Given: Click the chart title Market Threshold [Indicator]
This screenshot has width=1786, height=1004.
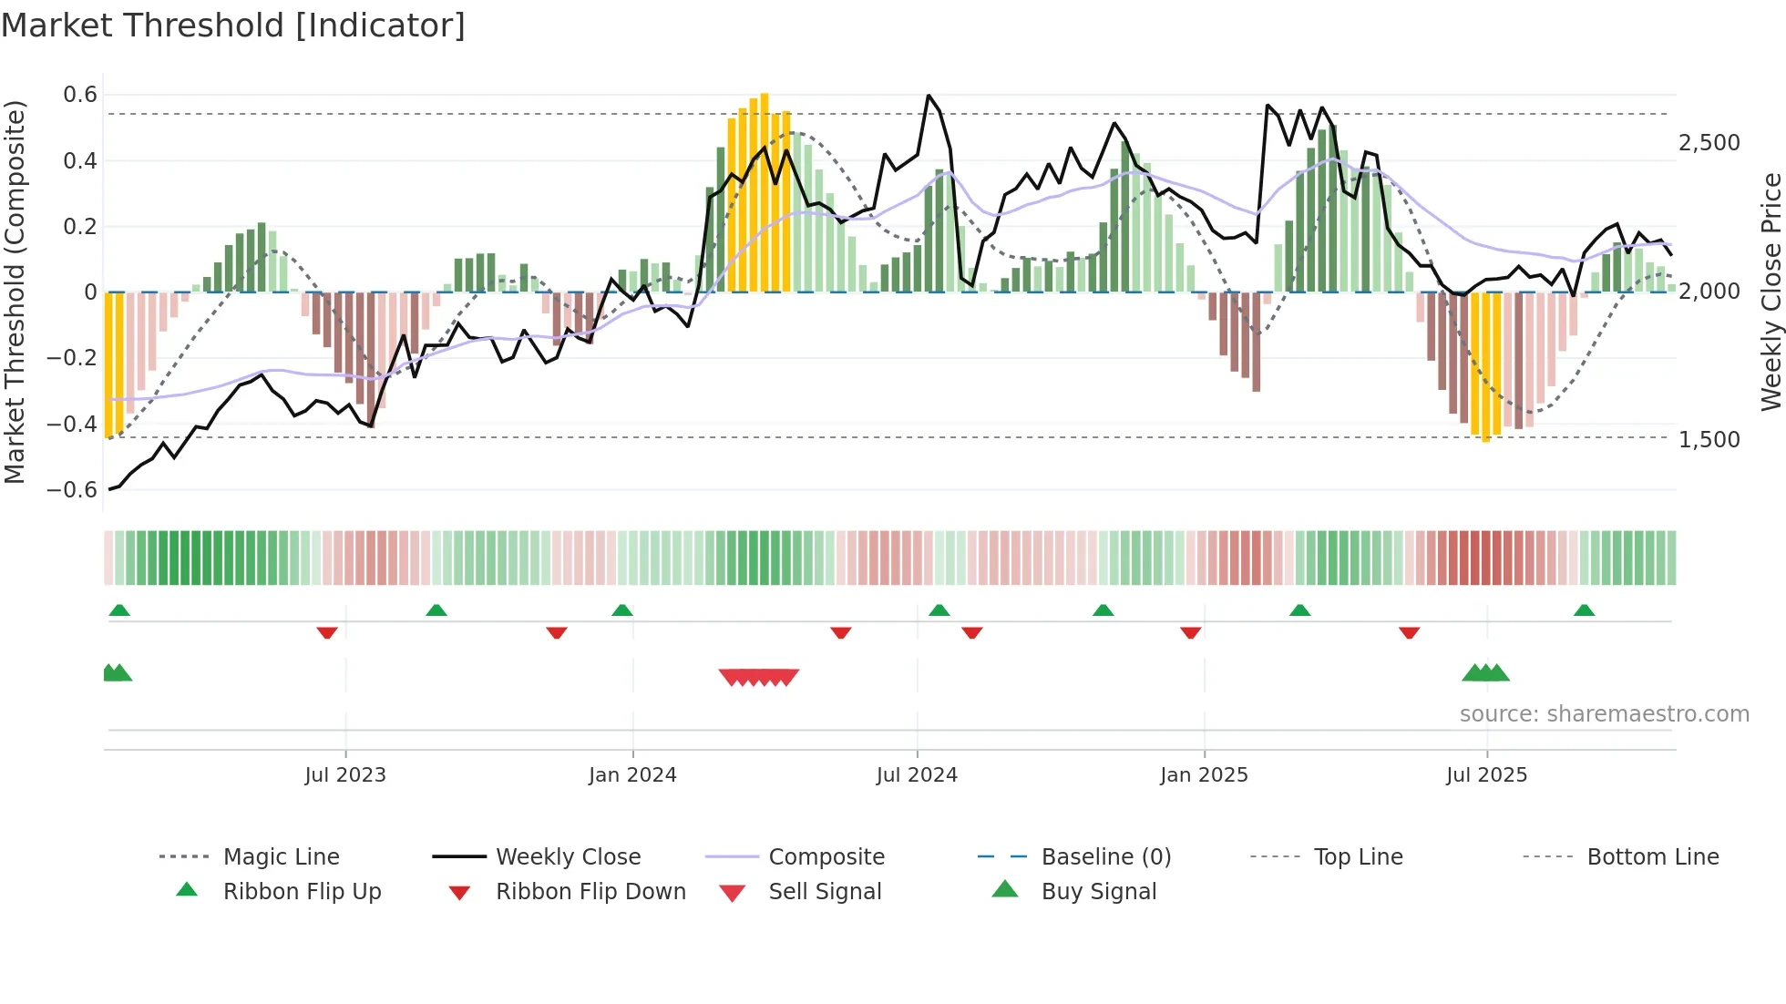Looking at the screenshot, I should tap(233, 26).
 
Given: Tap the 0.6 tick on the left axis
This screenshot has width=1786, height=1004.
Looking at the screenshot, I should tap(80, 95).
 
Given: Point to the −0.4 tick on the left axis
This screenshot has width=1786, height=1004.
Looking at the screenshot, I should tap(73, 424).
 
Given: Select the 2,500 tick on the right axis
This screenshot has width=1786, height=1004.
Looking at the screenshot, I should tap(1709, 143).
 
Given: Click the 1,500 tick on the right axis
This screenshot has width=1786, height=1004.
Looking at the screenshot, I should tap(1709, 439).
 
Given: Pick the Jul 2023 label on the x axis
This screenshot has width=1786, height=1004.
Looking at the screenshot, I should tap(345, 775).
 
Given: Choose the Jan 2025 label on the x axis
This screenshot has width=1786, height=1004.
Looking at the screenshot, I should tap(1204, 775).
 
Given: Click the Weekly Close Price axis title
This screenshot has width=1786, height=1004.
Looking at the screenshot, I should tap(1771, 292).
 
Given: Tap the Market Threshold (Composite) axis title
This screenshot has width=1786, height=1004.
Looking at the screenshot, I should tap(15, 292).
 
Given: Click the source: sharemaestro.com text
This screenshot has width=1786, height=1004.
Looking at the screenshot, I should tap(1604, 714).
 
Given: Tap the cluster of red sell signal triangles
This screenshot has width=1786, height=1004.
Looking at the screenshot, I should tap(758, 677).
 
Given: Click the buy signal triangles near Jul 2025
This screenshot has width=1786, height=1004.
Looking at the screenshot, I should tap(1485, 673).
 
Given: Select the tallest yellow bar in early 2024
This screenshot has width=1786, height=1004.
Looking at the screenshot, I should tap(765, 192).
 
